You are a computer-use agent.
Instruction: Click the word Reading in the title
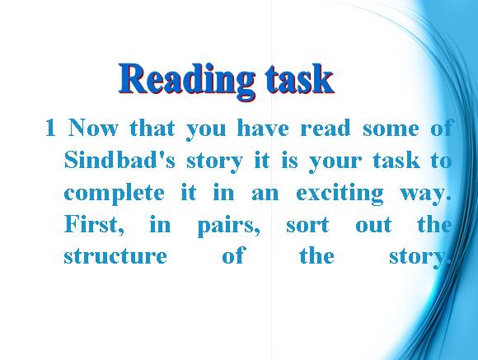click(x=187, y=81)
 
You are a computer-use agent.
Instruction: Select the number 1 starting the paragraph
click(x=50, y=129)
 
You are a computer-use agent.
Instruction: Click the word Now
click(x=92, y=128)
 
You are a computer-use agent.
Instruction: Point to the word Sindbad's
click(x=119, y=160)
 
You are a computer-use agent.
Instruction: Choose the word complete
click(x=114, y=194)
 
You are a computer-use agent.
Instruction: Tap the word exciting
click(x=340, y=194)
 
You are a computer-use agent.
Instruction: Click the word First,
click(x=95, y=225)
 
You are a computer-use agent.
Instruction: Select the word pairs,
click(x=229, y=226)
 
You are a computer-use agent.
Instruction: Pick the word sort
click(x=307, y=226)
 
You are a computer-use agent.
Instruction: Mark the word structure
click(x=115, y=255)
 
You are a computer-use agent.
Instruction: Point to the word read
click(x=326, y=128)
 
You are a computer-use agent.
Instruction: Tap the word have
click(x=262, y=128)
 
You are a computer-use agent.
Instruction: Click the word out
click(x=373, y=226)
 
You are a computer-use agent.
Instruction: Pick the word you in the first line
click(x=206, y=130)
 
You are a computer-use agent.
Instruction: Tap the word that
click(x=152, y=128)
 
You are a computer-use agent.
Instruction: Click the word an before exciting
click(x=265, y=194)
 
